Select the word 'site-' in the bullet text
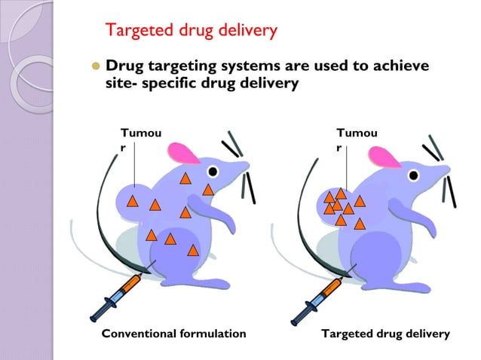click(x=121, y=84)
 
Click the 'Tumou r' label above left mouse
click(x=136, y=140)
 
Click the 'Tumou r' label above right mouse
click(x=358, y=140)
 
